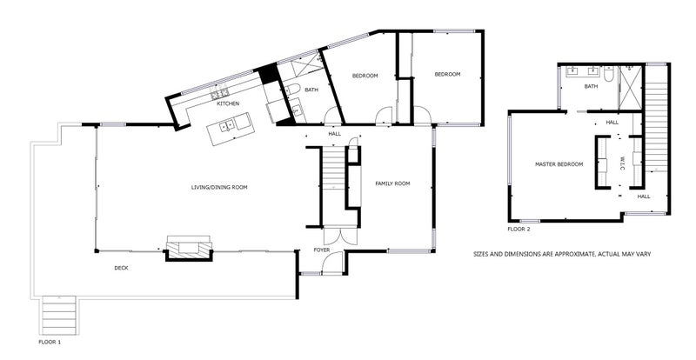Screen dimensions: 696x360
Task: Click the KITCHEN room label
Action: (x=228, y=103)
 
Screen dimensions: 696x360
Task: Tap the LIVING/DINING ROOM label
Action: (x=219, y=187)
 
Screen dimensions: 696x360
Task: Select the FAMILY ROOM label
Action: (x=392, y=183)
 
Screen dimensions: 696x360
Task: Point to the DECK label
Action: (x=121, y=268)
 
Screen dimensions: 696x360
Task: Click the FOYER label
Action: (x=322, y=250)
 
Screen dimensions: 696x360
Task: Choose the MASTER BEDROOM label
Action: (x=559, y=164)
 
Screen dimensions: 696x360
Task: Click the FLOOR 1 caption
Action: (x=50, y=343)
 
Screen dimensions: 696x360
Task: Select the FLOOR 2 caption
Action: (x=519, y=230)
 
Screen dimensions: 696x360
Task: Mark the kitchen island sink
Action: (x=227, y=125)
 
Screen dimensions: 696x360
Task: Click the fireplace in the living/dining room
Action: (x=189, y=248)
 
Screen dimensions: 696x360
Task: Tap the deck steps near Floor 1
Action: (x=59, y=315)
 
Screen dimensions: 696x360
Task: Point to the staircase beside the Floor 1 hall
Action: (x=333, y=169)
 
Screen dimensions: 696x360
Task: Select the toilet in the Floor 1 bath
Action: (x=291, y=90)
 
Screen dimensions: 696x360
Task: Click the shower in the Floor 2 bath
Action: (x=630, y=88)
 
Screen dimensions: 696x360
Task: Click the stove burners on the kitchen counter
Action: (x=219, y=94)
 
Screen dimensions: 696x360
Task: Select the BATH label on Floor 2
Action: (x=591, y=87)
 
